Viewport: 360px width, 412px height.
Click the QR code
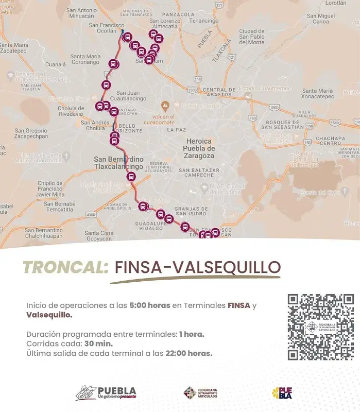click(320, 327)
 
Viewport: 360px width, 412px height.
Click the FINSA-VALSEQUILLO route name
click(198, 267)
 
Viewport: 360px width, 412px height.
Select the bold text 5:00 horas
click(149, 305)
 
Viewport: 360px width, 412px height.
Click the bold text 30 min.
click(97, 344)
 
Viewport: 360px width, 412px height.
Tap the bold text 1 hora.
click(192, 334)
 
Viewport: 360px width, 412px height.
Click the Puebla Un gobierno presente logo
click(106, 393)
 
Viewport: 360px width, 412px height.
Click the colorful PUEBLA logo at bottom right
click(282, 393)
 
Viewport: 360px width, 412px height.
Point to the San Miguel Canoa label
click(320, 19)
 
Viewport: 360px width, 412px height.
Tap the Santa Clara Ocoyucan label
click(99, 236)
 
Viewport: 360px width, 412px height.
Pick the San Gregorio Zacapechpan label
click(31, 133)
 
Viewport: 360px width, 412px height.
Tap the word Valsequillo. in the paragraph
click(49, 315)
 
